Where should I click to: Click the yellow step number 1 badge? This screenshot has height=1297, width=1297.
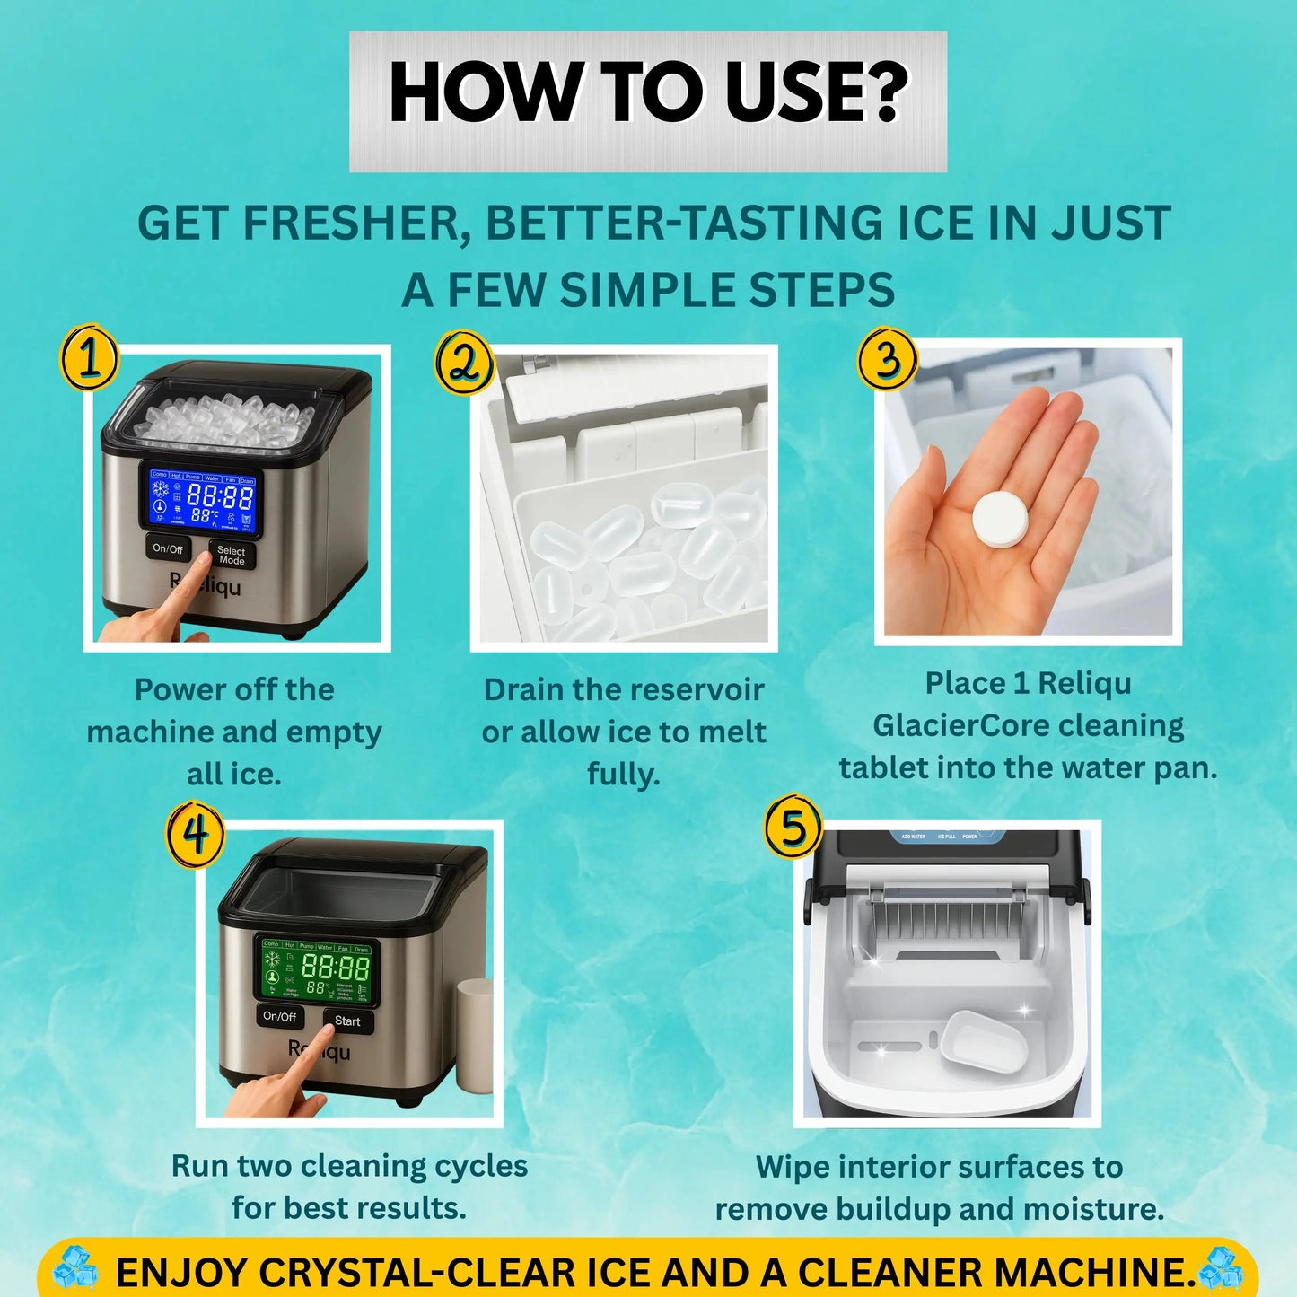(90, 358)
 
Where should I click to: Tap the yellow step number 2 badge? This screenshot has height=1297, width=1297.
(464, 363)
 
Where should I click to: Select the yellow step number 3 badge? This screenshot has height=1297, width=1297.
(887, 359)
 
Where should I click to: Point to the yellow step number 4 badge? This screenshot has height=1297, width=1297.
(196, 836)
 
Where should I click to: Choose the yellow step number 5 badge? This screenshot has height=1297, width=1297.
(793, 827)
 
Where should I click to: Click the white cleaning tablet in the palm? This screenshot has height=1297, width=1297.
(1000, 518)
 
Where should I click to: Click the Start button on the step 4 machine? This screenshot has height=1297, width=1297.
(347, 1021)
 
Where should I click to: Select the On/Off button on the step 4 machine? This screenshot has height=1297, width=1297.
(279, 1017)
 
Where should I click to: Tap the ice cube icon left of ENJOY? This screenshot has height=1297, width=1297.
(75, 1267)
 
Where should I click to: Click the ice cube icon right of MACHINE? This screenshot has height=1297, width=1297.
(1222, 1267)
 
